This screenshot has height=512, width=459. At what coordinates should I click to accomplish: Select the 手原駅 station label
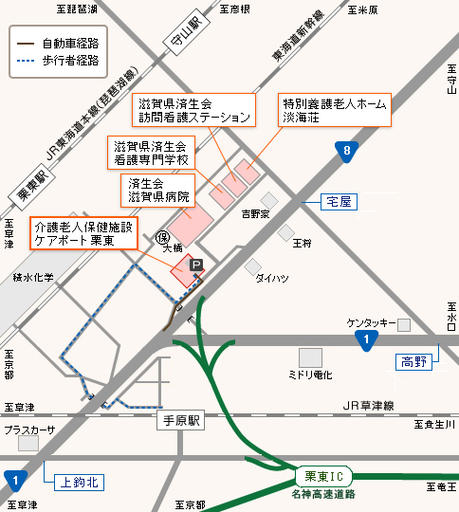pos(183,419)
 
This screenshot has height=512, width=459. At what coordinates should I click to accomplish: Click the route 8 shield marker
pos(348,149)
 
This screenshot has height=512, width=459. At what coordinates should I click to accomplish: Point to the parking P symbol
pos(196,267)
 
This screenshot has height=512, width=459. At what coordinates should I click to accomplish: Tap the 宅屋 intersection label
pos(339,201)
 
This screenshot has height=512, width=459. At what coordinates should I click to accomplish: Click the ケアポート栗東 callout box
pos(84,233)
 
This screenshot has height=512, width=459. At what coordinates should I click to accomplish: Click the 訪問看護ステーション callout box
pos(194,111)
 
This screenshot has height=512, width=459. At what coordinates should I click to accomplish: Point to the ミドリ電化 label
pos(310,375)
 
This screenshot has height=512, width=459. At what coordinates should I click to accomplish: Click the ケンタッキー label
pos(371,323)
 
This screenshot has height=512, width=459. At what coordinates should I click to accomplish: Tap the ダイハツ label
pos(271,279)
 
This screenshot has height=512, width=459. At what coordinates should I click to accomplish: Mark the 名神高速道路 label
pos(323,493)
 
